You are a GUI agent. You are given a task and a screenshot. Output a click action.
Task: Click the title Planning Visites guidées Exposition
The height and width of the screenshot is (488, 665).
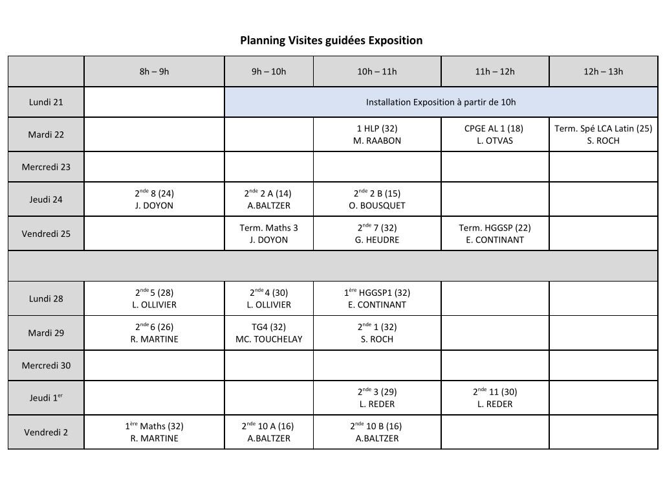331,41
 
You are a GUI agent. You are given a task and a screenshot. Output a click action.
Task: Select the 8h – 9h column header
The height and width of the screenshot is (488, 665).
154,71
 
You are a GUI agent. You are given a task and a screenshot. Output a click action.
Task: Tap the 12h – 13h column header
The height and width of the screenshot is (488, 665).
603,71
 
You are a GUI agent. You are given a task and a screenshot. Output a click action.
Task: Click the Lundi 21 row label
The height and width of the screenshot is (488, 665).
46,102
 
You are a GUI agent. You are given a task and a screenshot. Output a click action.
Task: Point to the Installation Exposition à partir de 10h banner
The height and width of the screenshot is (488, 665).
441,102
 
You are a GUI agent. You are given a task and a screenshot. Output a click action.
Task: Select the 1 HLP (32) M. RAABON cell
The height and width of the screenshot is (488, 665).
377,135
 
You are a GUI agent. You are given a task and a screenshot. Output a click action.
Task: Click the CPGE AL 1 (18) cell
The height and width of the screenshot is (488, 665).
494,135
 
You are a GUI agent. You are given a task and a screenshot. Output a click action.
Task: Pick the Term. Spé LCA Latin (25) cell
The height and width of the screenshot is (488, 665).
603,135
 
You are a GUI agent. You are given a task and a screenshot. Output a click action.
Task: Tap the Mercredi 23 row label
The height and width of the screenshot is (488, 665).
46,167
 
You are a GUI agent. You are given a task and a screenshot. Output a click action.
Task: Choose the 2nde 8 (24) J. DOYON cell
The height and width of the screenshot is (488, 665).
154,199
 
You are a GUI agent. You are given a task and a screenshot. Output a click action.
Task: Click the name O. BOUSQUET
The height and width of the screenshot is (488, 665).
377,206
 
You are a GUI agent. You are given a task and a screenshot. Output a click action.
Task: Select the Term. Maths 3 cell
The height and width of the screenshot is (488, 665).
268,234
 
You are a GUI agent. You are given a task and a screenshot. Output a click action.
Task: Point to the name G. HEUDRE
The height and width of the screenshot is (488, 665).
377,240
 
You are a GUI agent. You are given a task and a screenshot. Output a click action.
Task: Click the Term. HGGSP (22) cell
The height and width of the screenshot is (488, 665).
494,234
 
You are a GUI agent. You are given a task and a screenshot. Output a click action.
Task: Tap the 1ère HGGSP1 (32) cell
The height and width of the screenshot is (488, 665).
377,298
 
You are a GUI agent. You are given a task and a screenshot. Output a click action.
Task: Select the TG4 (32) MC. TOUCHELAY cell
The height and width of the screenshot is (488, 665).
268,333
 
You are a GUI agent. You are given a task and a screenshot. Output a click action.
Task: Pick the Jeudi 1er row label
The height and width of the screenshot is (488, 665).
46,397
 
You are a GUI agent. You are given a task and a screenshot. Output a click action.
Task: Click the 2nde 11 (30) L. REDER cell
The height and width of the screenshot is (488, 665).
494,397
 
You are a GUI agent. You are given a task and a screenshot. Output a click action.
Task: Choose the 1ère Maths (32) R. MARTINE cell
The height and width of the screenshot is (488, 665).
154,432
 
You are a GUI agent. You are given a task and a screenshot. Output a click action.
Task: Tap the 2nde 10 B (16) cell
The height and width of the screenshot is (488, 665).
377,432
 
